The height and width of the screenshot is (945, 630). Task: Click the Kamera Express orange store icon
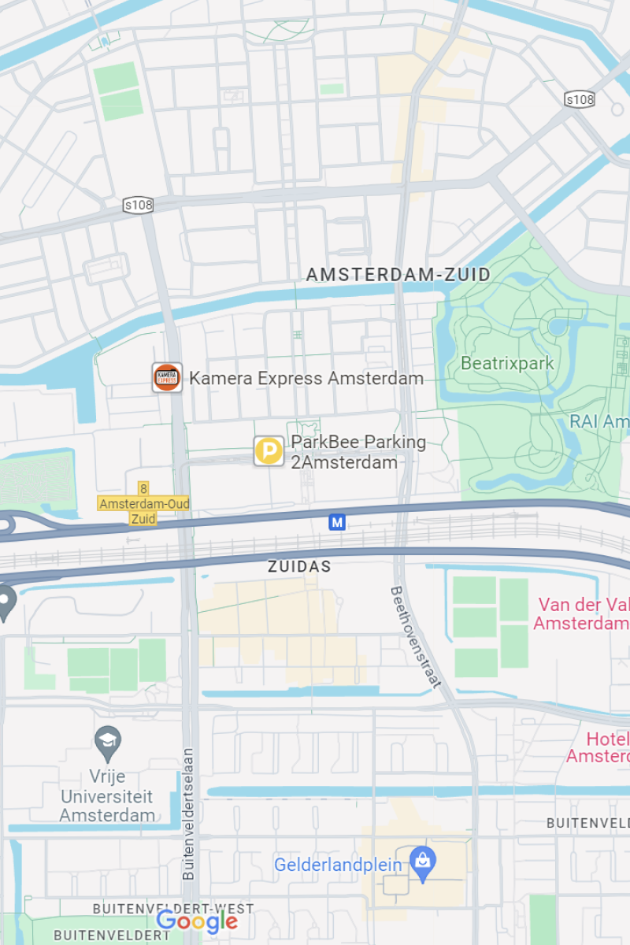[x=167, y=378]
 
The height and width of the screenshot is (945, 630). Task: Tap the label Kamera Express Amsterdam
[x=306, y=379]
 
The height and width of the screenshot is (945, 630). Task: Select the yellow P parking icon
[x=269, y=451]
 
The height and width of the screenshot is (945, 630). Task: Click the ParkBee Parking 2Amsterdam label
[x=358, y=452]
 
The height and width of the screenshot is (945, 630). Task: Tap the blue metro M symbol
[x=337, y=522]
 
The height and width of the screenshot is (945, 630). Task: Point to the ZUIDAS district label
[x=299, y=567]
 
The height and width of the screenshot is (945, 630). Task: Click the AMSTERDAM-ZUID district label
[x=398, y=275]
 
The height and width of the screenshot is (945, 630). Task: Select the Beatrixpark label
[x=507, y=364]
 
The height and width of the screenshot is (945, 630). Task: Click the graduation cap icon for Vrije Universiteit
[x=107, y=741]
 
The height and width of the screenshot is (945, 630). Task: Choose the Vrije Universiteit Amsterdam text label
[x=107, y=796]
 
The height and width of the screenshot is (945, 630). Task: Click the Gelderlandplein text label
[x=338, y=865]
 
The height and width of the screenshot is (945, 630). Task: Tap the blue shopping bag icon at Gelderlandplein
[x=423, y=865]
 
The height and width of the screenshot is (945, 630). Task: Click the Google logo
[x=197, y=921]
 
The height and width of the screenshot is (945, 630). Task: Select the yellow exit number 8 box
[x=143, y=489]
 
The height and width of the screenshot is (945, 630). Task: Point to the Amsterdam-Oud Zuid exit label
[x=143, y=510]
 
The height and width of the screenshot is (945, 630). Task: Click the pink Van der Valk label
[x=583, y=614]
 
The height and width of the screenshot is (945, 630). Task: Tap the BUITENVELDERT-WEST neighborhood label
[x=162, y=909]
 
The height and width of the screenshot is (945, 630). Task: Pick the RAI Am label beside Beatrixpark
[x=599, y=422]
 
